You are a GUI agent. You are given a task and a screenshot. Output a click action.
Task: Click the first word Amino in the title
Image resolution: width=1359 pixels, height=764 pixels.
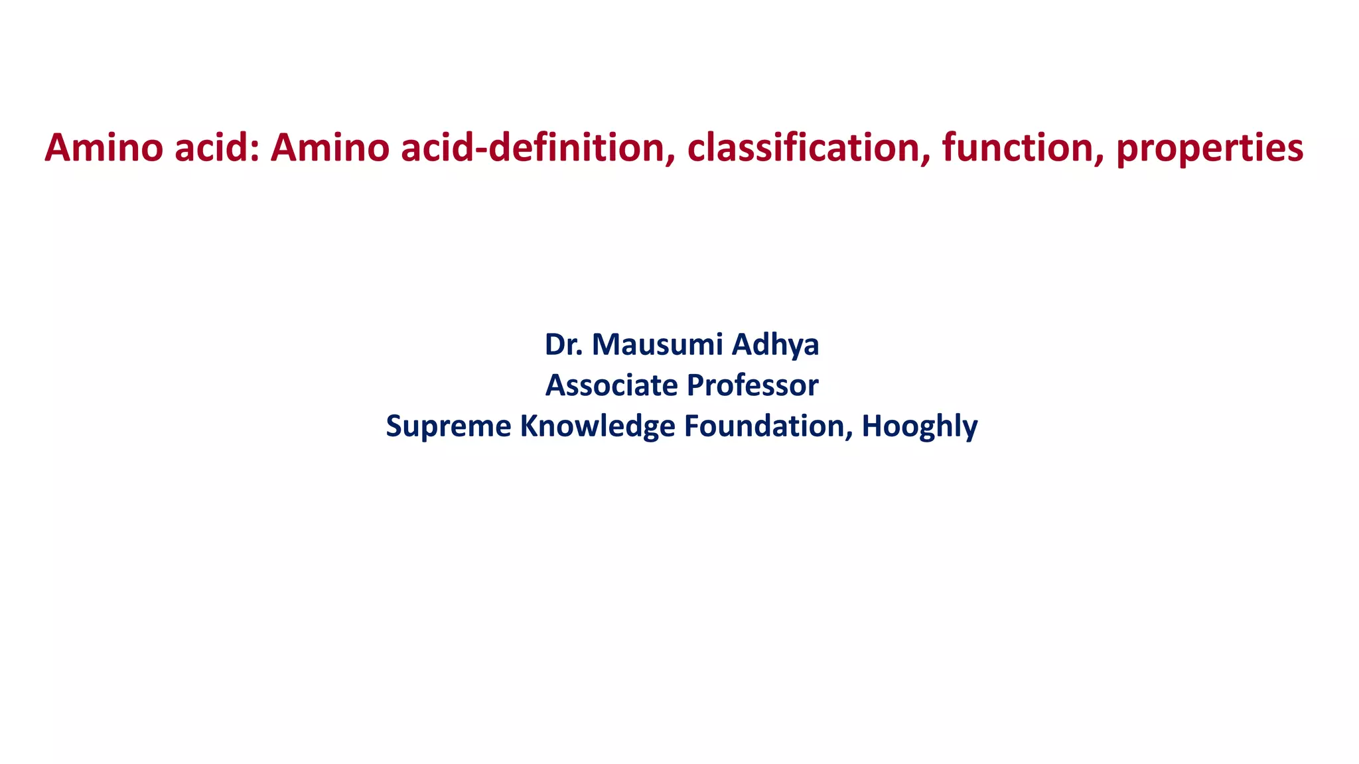(x=104, y=147)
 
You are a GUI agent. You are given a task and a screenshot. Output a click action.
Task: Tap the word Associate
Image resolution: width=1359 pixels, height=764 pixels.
(x=610, y=385)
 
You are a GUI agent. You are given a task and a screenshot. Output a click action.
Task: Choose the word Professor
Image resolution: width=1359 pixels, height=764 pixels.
(x=752, y=385)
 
